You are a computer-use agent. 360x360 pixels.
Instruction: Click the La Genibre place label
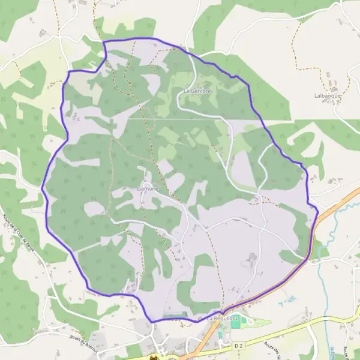(197, 91)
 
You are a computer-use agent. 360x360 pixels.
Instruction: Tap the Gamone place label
(148, 188)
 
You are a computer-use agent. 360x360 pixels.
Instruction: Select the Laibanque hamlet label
(327, 95)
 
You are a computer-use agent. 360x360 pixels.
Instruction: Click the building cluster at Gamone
(146, 180)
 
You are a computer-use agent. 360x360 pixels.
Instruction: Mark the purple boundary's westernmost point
(42, 188)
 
